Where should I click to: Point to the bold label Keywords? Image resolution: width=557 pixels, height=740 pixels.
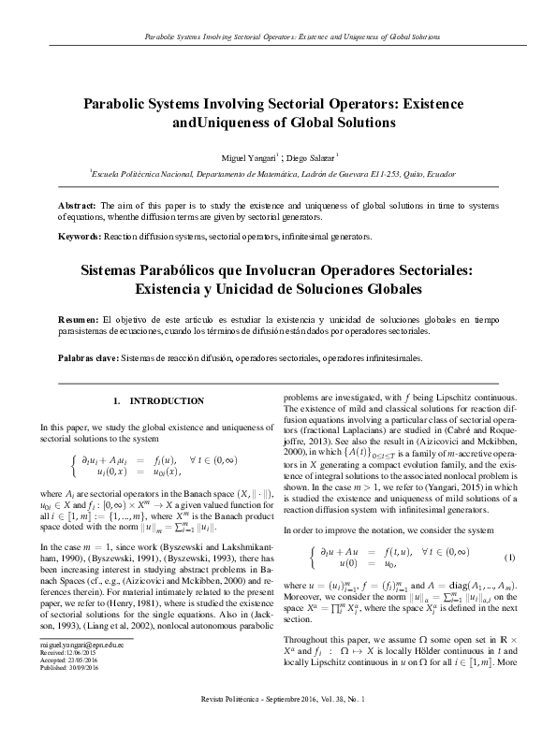coord(79,237)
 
